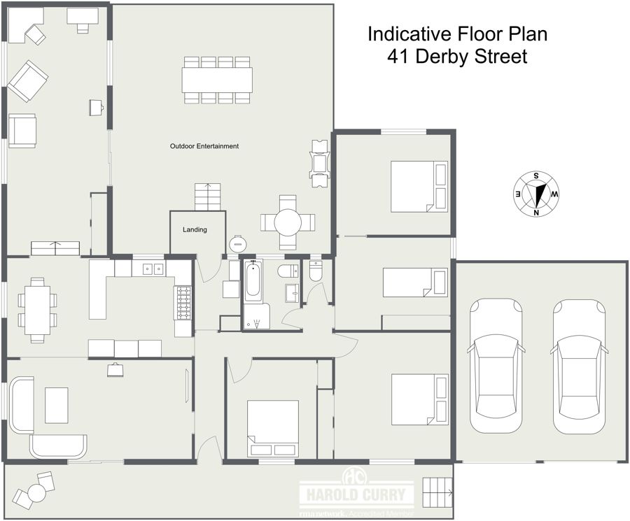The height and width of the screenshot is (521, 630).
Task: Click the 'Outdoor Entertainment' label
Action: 204,146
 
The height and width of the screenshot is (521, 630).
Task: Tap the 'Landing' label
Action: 195,229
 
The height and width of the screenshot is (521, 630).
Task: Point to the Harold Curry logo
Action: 357,492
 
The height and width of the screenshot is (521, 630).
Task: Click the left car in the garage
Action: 496,366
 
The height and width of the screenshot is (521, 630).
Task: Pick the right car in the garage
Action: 579,366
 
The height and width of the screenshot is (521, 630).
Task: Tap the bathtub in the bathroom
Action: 253,280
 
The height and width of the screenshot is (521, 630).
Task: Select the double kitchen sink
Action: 153,268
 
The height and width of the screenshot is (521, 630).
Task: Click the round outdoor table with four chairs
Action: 288,222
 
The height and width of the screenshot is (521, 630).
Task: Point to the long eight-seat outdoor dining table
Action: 218,80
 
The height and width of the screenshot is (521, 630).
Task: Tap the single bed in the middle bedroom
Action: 414,282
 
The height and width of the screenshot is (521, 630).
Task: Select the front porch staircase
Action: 437,492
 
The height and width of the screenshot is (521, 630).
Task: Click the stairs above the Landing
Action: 208,197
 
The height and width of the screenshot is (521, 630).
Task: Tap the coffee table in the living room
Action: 56,405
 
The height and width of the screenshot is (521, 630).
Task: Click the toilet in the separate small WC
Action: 316,271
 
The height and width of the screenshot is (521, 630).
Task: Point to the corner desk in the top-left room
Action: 26,25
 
